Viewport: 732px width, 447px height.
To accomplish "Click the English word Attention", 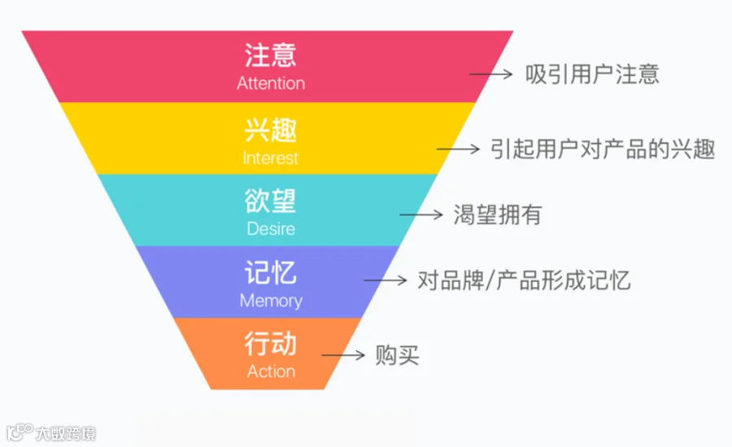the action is pyautogui.click(x=271, y=84).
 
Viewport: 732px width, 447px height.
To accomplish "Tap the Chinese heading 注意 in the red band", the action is pyautogui.click(x=271, y=55).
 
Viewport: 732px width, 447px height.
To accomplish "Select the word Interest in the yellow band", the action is pyautogui.click(x=271, y=158).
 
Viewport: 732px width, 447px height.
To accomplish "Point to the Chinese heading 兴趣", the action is pyautogui.click(x=271, y=129).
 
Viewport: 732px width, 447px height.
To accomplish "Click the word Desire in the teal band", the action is pyautogui.click(x=271, y=228).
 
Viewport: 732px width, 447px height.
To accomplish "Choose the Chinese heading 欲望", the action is pyautogui.click(x=271, y=201).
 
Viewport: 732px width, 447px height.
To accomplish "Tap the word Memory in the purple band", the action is pyautogui.click(x=271, y=301).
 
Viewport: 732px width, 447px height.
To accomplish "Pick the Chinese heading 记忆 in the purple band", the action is pyautogui.click(x=271, y=272).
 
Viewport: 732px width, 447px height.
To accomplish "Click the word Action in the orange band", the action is pyautogui.click(x=271, y=371).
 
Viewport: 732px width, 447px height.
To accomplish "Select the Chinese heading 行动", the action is pyautogui.click(x=271, y=344).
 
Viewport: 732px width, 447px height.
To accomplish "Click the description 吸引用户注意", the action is pyautogui.click(x=591, y=74).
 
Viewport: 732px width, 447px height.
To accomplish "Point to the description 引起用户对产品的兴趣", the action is pyautogui.click(x=603, y=149).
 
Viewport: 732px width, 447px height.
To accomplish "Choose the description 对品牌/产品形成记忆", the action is pyautogui.click(x=524, y=281).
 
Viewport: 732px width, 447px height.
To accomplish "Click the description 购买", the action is pyautogui.click(x=397, y=355).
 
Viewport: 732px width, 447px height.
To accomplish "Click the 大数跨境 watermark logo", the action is pyautogui.click(x=50, y=432).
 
